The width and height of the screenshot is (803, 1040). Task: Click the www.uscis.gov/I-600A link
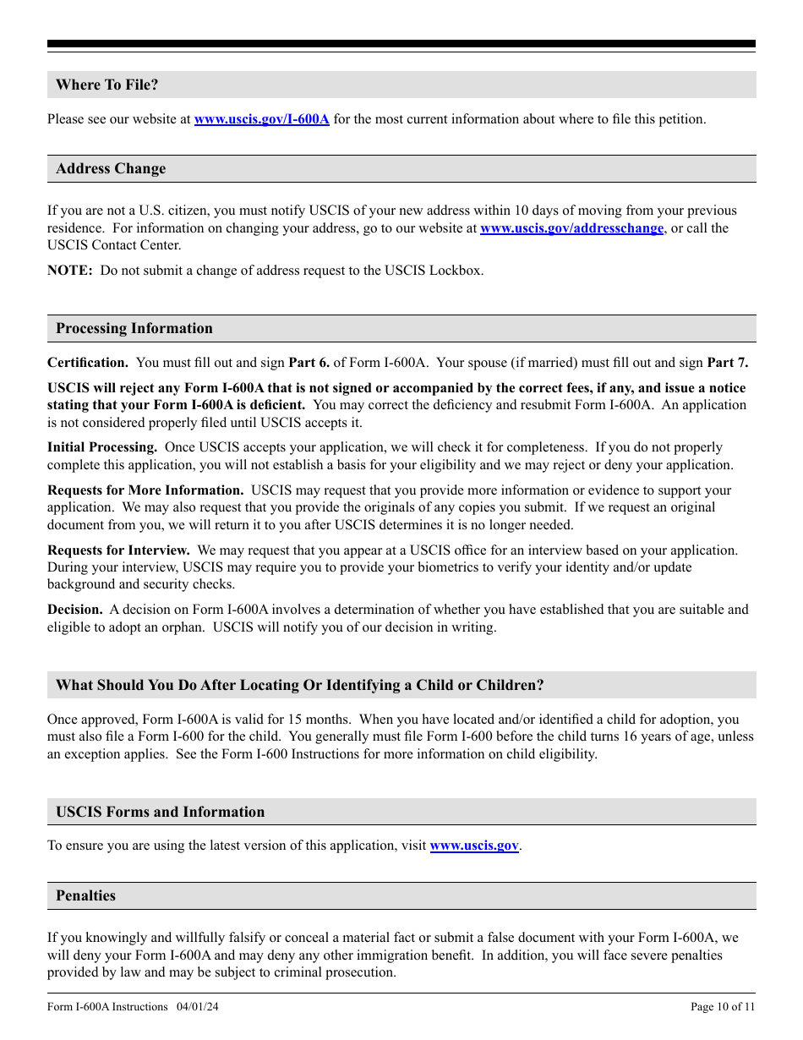[x=261, y=119]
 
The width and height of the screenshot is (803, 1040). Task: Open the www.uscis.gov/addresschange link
[x=571, y=228]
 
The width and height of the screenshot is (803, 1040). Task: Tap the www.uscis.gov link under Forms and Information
[x=474, y=846]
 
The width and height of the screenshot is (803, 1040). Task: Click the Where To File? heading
[x=107, y=85]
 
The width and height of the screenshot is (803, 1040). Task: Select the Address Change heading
[x=111, y=168]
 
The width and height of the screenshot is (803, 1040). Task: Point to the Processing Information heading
[x=134, y=328]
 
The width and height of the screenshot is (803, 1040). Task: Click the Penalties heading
[x=85, y=895]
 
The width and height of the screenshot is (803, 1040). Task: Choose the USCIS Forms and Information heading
[x=160, y=812]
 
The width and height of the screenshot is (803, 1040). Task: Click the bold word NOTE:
[x=69, y=271]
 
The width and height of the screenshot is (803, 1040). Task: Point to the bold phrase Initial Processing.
[x=102, y=447]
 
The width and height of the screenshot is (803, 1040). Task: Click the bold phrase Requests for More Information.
[x=145, y=490]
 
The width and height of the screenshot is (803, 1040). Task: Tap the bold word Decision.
[x=75, y=610]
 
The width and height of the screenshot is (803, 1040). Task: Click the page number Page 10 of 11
[x=723, y=1006]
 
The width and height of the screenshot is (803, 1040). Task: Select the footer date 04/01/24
[x=199, y=1006]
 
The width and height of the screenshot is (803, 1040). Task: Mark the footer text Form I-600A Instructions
[x=107, y=1006]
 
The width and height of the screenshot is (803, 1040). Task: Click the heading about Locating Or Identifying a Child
[x=299, y=685]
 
